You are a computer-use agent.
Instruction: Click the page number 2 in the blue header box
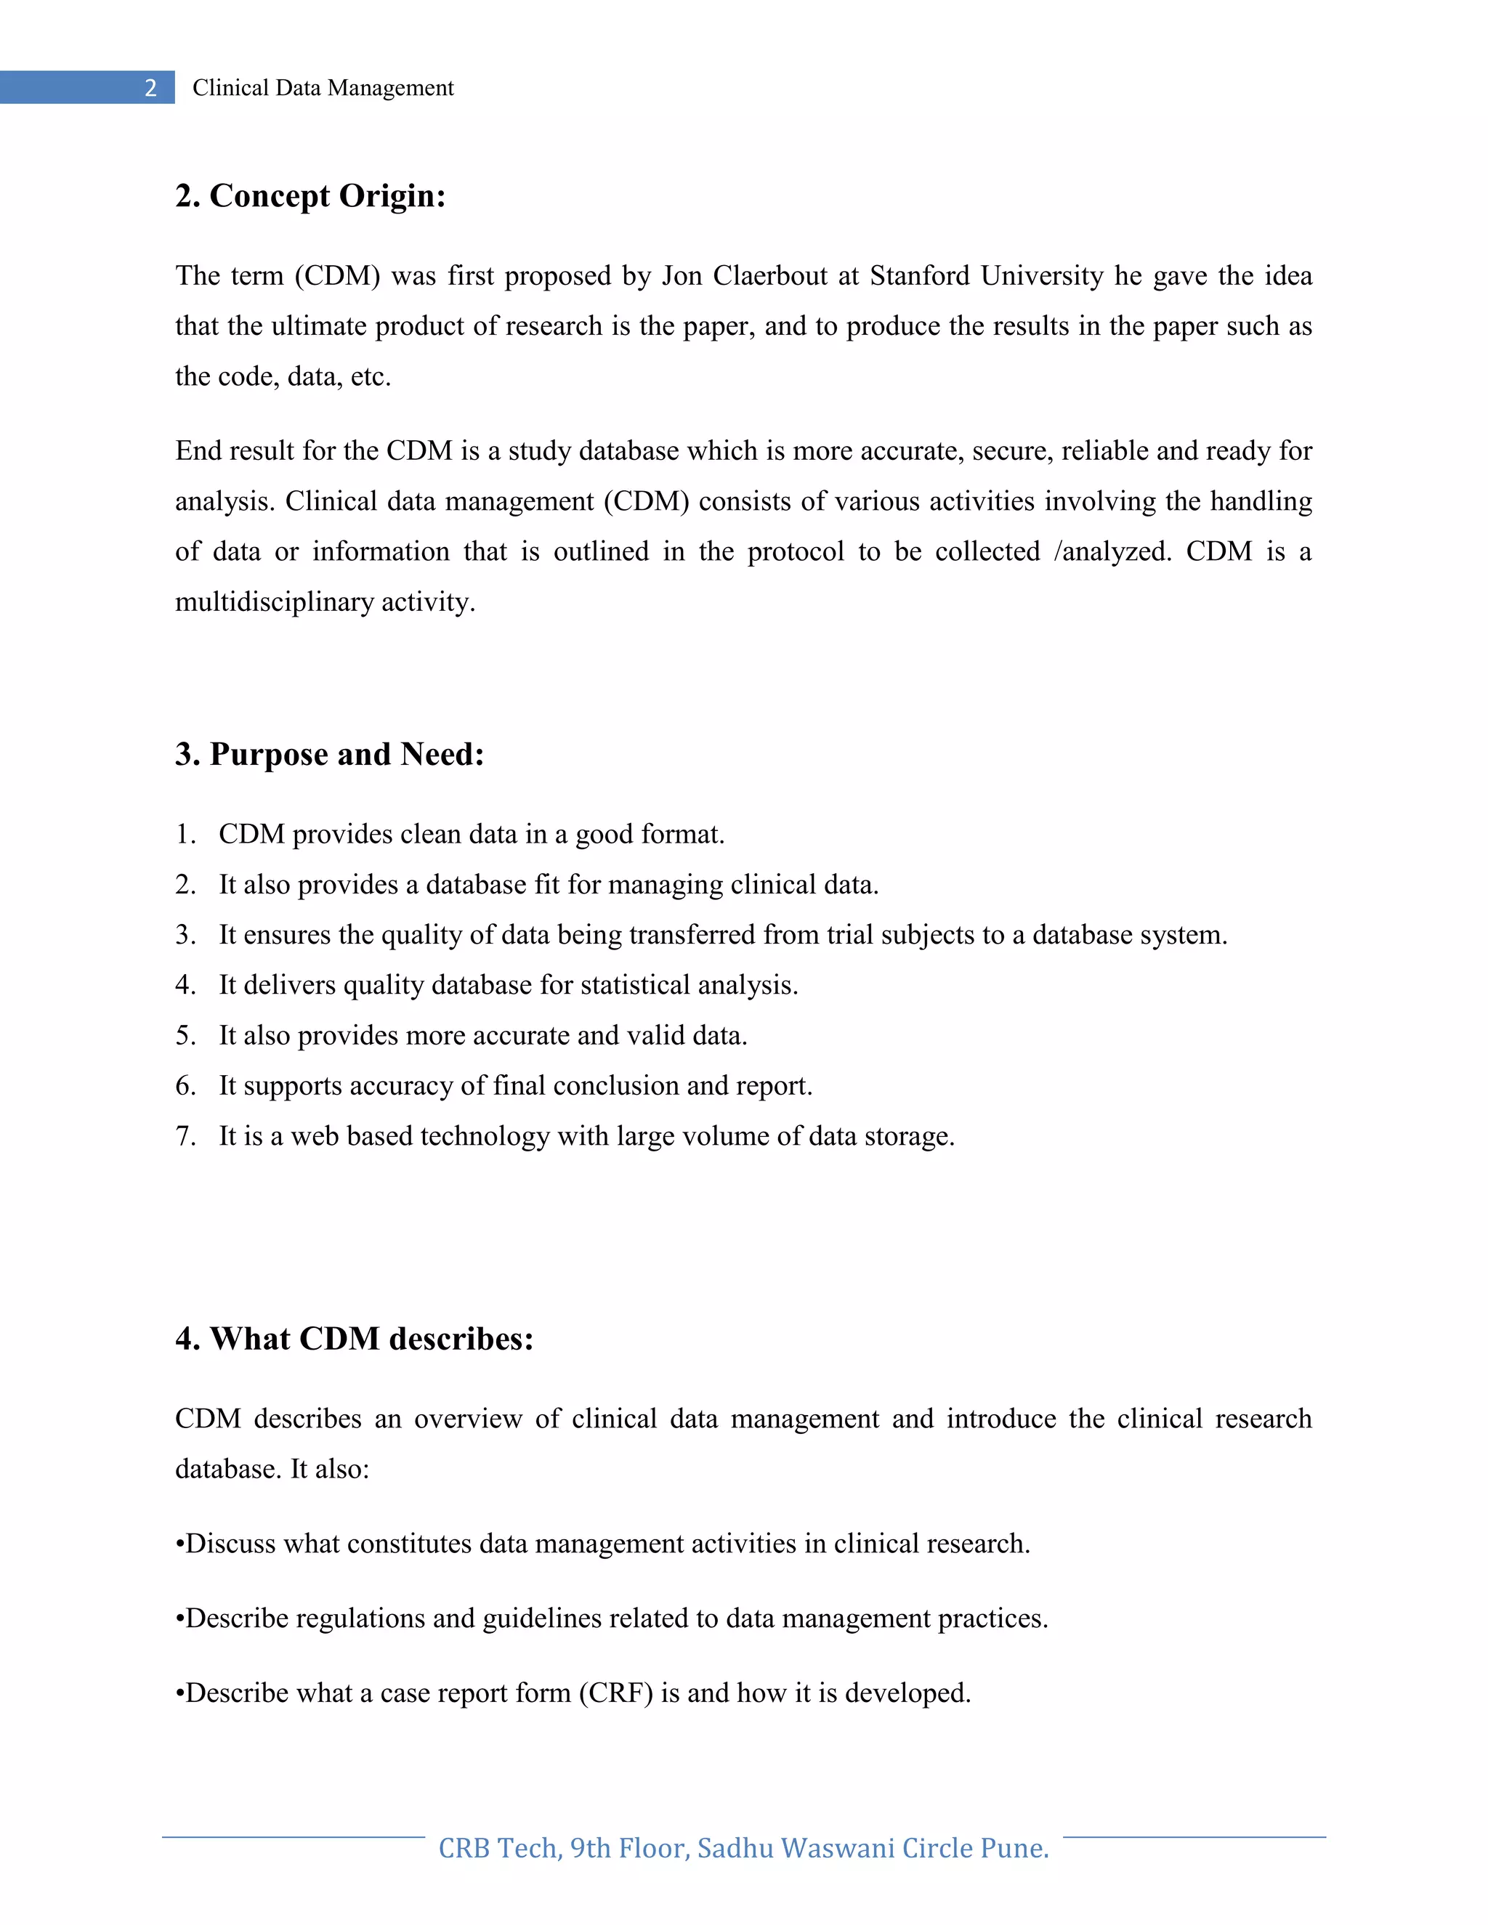point(150,88)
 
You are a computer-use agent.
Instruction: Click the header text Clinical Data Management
point(323,88)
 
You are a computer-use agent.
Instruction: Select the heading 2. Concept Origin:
point(310,195)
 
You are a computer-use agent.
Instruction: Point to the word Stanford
point(919,276)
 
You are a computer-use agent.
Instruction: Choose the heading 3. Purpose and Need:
point(330,755)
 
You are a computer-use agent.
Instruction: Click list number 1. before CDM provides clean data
point(185,835)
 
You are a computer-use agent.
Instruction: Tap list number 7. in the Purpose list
point(185,1136)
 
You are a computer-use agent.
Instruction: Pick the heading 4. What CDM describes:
point(355,1339)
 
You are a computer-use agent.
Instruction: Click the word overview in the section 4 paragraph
point(467,1419)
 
